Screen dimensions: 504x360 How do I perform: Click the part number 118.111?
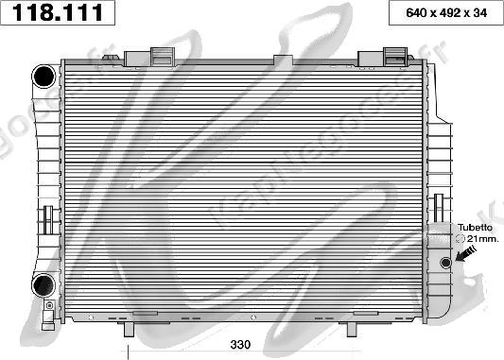[x=58, y=12]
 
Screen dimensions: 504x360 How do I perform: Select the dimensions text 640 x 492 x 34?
[x=446, y=13]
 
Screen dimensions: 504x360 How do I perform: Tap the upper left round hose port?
[x=43, y=77]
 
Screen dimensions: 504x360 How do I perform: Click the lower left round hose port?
[x=43, y=285]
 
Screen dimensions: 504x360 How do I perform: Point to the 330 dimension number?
[x=240, y=345]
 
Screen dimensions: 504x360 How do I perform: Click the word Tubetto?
[x=475, y=228]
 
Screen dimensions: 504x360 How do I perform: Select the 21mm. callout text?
[x=482, y=239]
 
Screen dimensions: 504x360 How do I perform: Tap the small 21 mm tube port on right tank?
[x=445, y=263]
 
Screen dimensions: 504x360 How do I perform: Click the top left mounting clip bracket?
[x=164, y=57]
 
